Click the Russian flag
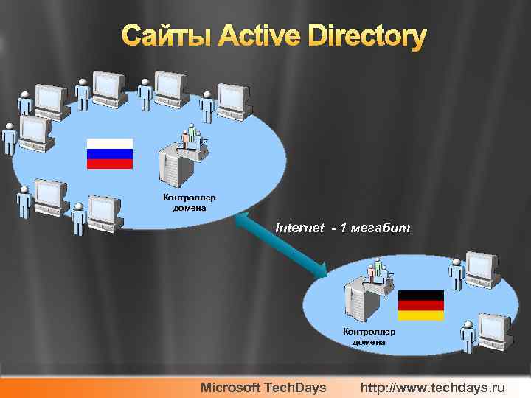[x=110, y=153]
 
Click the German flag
[x=420, y=305]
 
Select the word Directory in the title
[x=367, y=36]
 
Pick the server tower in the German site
[x=358, y=303]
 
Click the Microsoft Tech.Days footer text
[x=264, y=387]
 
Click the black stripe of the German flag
[x=420, y=295]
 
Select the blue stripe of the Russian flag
[x=110, y=154]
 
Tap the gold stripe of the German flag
[x=420, y=315]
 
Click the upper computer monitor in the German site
[x=482, y=268]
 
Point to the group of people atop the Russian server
[x=192, y=136]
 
